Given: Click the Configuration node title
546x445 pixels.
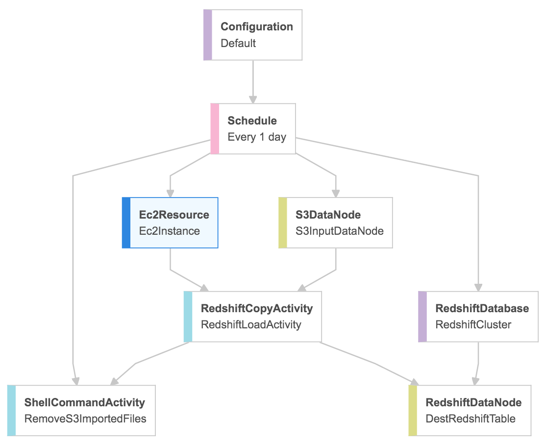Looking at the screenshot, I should coord(257,26).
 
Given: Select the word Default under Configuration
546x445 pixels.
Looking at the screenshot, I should coord(238,43).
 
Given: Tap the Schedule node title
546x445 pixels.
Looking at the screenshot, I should coord(252,121).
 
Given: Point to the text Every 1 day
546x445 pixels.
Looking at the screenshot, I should coord(257,137).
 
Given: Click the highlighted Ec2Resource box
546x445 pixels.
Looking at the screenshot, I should coord(170,222).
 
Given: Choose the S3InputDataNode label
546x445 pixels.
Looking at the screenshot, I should coord(340,231).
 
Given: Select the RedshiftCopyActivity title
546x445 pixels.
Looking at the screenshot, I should coord(257,308).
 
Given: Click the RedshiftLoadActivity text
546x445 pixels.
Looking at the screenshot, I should coord(251,324).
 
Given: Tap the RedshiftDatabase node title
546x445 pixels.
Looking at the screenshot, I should coord(482,308).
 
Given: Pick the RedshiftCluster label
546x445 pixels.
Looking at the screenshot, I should coord(473,324).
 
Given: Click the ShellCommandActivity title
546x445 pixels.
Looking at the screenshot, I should coord(85,402).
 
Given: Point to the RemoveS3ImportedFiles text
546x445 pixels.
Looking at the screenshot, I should coord(85,419).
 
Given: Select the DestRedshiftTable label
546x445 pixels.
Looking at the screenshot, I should coord(471,419).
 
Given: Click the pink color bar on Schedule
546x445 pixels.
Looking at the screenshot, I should coord(215,129).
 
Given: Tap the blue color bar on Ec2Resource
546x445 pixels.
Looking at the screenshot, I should coord(126,222).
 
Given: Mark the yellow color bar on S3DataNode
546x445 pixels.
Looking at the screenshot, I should coord(282,222).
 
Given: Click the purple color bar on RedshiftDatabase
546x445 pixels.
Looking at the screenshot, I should coord(422,317).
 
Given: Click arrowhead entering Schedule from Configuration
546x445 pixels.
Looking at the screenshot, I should coord(253,99).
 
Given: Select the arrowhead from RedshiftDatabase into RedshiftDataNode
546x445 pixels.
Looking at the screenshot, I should coord(475,381).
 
